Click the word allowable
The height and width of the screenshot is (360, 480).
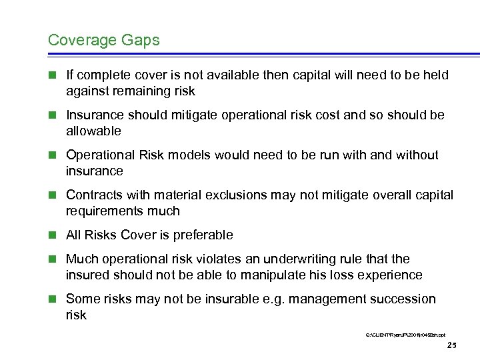tap(93, 131)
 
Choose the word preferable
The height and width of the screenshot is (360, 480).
tap(200, 235)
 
